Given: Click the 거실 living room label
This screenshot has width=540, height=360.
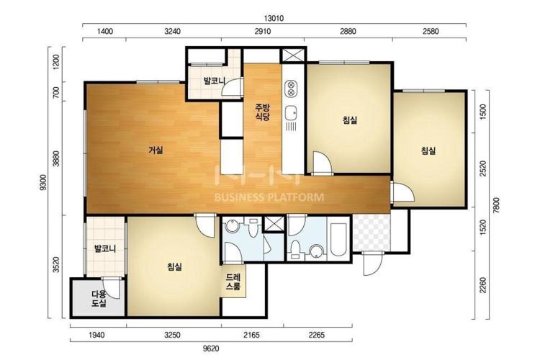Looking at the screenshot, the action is tap(156, 150).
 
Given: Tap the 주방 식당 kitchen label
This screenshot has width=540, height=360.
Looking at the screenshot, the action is tap(262, 112).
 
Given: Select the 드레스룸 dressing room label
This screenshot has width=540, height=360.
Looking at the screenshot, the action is tap(233, 282).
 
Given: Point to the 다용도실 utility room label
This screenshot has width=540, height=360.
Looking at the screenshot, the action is tap(99, 299).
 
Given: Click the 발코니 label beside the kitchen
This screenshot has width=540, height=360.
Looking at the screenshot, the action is tap(215, 81).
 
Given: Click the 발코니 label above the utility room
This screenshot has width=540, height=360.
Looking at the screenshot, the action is tap(105, 248).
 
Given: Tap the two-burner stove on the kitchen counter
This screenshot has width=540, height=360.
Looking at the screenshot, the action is tap(291, 88).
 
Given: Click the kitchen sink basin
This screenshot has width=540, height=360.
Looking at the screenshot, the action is tap(292, 112).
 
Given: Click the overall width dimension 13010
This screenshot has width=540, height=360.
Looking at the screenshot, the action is tap(274, 18).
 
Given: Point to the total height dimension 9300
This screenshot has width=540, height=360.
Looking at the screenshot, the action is tap(43, 183).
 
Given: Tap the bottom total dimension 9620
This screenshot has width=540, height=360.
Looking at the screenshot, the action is tap(211, 348).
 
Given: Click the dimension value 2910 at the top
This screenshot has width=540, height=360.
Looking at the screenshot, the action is tap(262, 32).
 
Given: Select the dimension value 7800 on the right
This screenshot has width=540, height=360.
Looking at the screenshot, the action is tap(496, 205).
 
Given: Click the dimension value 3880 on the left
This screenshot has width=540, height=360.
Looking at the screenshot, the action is tap(56, 158).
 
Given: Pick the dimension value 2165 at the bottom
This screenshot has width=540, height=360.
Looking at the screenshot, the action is tap(252, 335).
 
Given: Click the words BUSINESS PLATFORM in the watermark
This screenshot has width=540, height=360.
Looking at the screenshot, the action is tap(269, 197).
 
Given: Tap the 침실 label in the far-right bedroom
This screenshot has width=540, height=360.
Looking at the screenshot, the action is tap(428, 150).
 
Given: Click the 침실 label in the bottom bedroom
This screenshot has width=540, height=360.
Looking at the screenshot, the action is tap(175, 266).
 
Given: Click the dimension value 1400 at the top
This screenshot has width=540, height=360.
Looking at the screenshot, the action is tap(105, 32).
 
